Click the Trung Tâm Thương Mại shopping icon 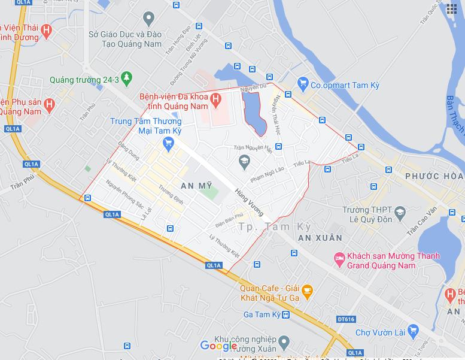click(168, 143)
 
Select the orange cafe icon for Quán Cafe click(307, 292)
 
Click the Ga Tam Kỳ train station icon click(285, 314)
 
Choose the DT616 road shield click(345, 319)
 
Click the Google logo click(218, 346)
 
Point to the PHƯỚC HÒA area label click(434, 176)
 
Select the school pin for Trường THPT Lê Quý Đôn click(400, 212)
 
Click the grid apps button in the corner click(452, 9)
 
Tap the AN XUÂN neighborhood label click(320, 238)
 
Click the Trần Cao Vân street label click(422, 221)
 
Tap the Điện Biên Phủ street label click(229, 220)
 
